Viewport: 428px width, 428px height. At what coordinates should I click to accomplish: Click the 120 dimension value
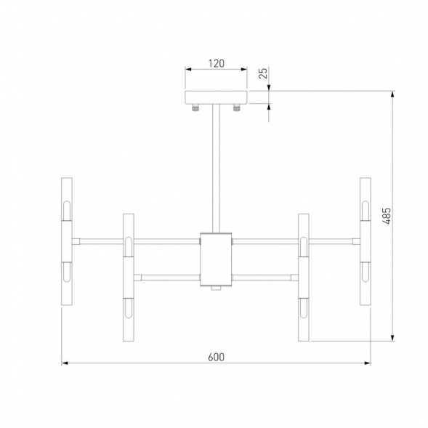(x=215, y=63)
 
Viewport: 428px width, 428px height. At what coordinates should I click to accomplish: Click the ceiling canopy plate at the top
(x=216, y=97)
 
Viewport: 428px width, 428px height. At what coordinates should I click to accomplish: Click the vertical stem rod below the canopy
(x=216, y=167)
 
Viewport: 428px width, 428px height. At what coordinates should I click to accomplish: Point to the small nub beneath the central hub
(x=216, y=288)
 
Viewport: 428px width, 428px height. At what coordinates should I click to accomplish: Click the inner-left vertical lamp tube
(x=129, y=276)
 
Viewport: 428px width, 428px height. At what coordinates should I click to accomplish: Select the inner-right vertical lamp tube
(x=303, y=276)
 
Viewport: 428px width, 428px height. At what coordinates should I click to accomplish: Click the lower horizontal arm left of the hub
(x=167, y=276)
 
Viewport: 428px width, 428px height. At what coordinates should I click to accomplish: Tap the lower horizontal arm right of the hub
(x=264, y=276)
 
